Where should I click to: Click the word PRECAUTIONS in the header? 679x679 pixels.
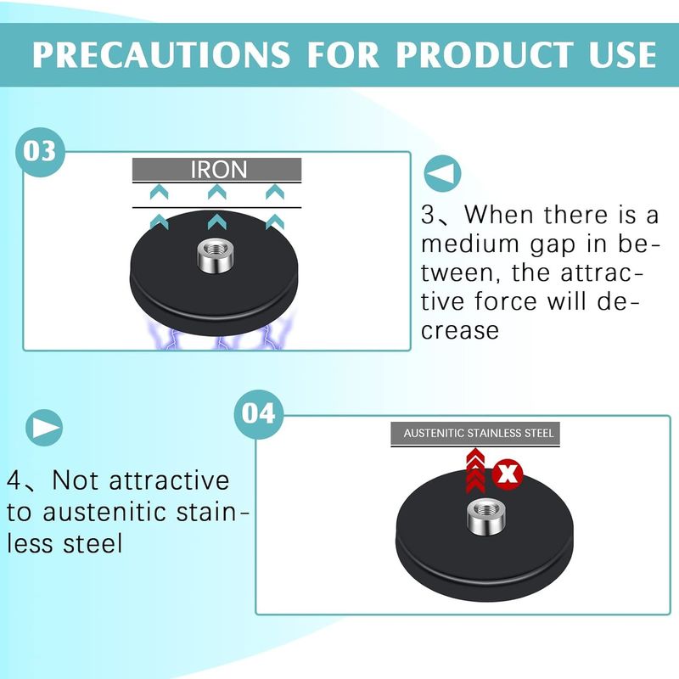pyautogui.click(x=161, y=54)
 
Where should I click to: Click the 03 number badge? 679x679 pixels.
pyautogui.click(x=40, y=152)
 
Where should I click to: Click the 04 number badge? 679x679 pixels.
pyautogui.click(x=259, y=414)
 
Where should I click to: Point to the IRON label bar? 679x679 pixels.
pyautogui.click(x=217, y=169)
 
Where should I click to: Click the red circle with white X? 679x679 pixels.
pyautogui.click(x=507, y=474)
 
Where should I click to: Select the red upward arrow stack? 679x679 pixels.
pyautogui.click(x=475, y=470)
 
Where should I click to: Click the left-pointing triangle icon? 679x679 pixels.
pyautogui.click(x=442, y=173)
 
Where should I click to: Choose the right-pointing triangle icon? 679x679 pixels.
pyautogui.click(x=44, y=428)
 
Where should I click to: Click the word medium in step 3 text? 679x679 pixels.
pyautogui.click(x=470, y=244)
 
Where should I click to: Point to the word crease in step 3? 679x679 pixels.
pyautogui.click(x=460, y=331)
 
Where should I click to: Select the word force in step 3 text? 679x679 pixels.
pyautogui.click(x=506, y=301)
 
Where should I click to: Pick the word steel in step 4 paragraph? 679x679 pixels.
pyautogui.click(x=93, y=543)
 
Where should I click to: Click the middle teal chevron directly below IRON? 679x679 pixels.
pyautogui.click(x=217, y=192)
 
